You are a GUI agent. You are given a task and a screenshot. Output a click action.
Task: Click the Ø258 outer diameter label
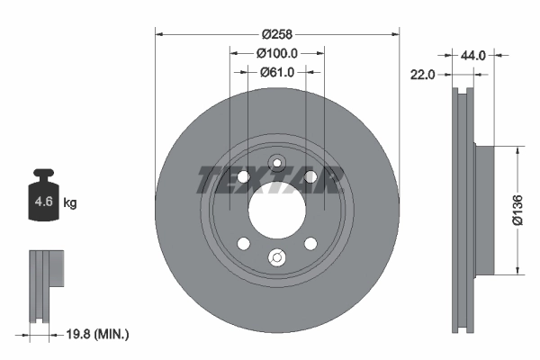coord(277,33)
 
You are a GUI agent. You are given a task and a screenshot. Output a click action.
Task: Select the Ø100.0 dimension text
coord(278,54)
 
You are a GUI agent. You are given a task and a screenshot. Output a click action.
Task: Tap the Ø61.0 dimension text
coord(278,73)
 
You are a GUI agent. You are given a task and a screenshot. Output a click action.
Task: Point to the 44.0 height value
coord(473,55)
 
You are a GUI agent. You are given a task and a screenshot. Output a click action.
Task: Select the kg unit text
coord(70,203)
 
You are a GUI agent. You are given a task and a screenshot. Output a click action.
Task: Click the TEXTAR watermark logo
coord(268,179)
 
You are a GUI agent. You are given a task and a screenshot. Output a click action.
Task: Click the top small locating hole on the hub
coord(277,164)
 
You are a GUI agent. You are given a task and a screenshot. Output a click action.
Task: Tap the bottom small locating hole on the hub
coord(277,260)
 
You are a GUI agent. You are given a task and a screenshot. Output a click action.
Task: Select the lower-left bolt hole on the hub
coord(243,243)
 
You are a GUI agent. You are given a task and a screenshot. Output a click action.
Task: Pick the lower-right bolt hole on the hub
coord(310,243)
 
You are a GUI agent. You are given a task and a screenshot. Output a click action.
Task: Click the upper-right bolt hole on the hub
coord(310,176)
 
